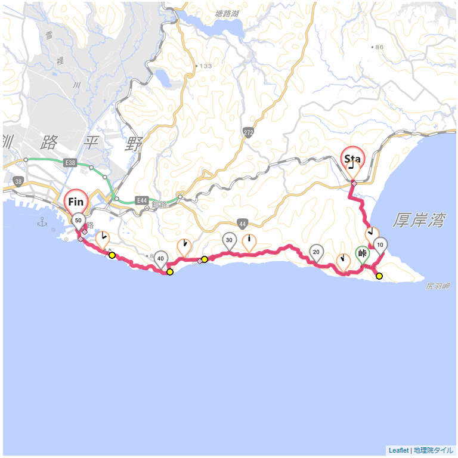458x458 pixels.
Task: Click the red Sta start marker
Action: coord(352,159)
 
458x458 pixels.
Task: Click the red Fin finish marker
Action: coord(76,202)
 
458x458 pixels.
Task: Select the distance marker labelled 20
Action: coord(316,252)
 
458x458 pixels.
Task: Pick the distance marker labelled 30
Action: coord(229,240)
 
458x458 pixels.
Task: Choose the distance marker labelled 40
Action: coord(160,257)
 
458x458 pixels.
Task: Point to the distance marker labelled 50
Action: coord(78,220)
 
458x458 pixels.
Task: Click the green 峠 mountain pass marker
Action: coord(362,253)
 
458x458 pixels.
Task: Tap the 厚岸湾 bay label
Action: coord(419,221)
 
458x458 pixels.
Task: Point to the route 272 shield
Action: coord(248,132)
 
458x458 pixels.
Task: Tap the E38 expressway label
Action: coord(70,163)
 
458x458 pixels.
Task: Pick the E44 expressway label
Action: coord(141,201)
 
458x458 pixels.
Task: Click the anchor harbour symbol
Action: coord(42,222)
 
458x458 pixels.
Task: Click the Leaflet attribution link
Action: coord(398,450)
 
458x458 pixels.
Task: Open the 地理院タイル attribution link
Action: coord(434,450)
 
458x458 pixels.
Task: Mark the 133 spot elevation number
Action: coord(205,66)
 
